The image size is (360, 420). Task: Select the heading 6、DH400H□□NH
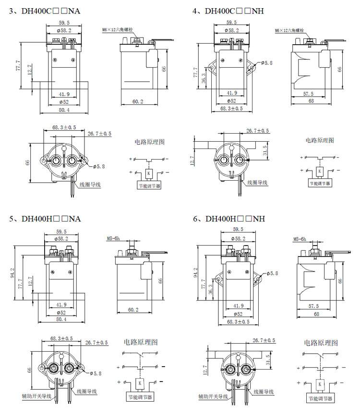[x=229, y=219]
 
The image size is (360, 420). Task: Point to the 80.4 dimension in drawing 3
[x=64, y=110]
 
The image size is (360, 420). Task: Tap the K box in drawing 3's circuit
[x=149, y=173]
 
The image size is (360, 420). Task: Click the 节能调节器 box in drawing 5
[x=139, y=397]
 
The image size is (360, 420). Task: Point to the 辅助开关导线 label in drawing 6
[x=214, y=397]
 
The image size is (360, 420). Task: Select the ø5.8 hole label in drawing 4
[x=267, y=63]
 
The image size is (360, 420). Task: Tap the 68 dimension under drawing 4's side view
[x=312, y=101]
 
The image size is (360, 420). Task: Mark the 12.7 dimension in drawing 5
[x=30, y=281]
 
